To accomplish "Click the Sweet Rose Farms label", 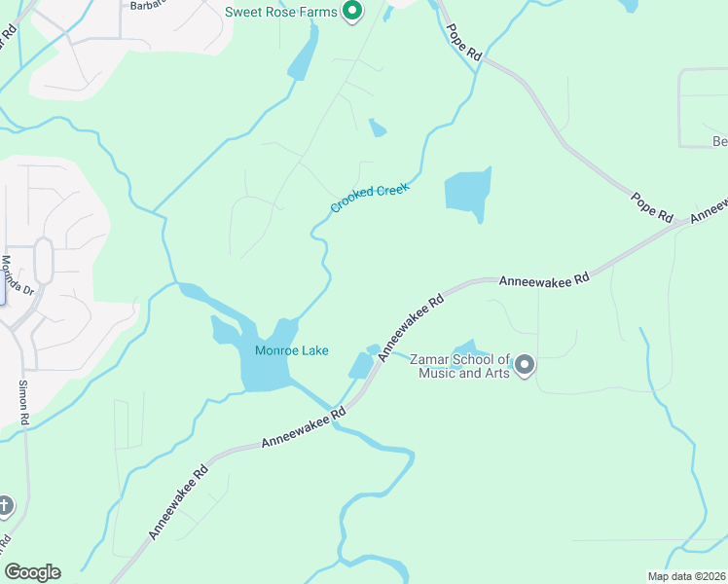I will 280,13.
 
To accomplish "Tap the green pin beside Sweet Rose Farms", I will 353,12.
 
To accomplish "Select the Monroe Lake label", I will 292,350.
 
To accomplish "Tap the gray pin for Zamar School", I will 525,366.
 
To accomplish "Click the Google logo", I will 32,572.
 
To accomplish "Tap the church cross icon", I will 5,505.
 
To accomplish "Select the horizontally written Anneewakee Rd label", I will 544,280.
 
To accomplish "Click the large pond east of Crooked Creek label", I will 466,192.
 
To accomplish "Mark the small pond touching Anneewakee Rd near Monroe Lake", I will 361,365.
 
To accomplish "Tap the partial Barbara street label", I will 146,5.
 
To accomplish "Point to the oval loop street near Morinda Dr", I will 44,260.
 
